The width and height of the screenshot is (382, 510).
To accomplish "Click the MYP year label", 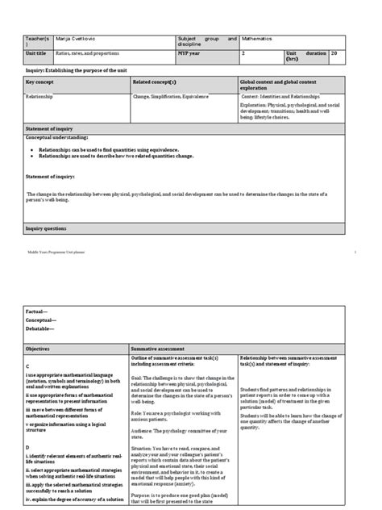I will (190, 52).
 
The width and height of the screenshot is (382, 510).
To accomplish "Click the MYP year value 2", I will (243, 52).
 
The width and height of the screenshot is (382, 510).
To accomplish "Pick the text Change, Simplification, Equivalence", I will (171, 96).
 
